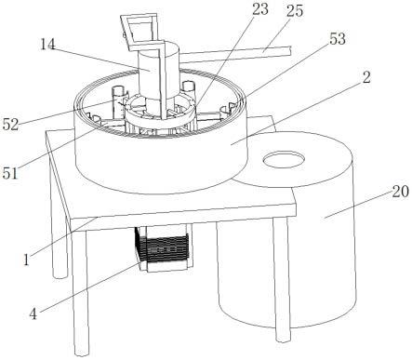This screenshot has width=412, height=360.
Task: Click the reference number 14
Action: (x=47, y=45)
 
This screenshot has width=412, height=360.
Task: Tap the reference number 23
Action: (x=260, y=9)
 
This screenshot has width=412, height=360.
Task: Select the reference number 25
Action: (x=295, y=11)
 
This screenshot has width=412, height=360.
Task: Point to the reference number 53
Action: (x=337, y=39)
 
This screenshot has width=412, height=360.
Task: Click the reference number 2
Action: (x=366, y=77)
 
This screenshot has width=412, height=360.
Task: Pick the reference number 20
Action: (x=401, y=192)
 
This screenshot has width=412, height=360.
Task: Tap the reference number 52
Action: (x=10, y=125)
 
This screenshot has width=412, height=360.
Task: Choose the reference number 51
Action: (x=10, y=173)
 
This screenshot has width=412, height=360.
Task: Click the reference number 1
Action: (x=27, y=260)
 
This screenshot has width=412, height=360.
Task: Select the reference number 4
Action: (x=33, y=314)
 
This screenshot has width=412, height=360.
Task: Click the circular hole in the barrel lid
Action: (x=284, y=159)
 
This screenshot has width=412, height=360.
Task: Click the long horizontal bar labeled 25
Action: (x=235, y=54)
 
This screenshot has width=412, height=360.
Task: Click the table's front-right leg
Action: (x=282, y=278)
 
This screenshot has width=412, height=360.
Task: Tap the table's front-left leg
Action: (x=80, y=291)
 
